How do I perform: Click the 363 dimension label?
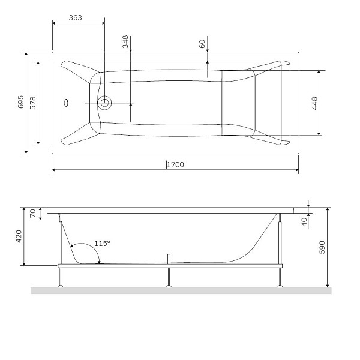pos(75,18)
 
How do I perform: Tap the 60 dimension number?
pos(202,44)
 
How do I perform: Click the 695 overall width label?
pos(20,102)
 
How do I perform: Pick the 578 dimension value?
pos(34,103)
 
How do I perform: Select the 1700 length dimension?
pos(174,164)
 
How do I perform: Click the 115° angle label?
pos(102,244)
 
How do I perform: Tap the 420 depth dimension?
pos(19,236)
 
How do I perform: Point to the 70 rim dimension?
pos(33,214)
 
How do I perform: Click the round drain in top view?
pos(105,103)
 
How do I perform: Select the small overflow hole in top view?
pos(67,103)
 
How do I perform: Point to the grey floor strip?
pos(180,291)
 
